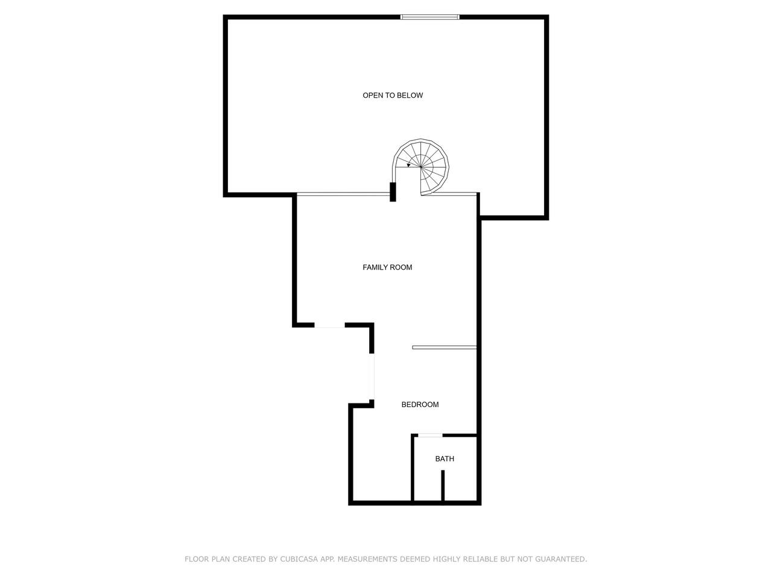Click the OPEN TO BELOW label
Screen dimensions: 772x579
pos(393,95)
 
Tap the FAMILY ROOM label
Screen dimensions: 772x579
pos(387,267)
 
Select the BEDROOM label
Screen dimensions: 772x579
pos(420,405)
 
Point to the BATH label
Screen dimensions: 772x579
pos(445,459)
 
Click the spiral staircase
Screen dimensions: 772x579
pos(420,166)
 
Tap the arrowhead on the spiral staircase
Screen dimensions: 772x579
pos(408,165)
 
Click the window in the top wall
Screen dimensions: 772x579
pos(430,17)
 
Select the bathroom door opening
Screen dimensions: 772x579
pos(430,436)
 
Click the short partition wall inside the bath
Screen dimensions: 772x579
pos(443,486)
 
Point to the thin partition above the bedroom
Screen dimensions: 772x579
pos(445,347)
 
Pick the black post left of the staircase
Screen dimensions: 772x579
pos(393,192)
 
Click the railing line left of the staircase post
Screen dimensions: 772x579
pos(343,194)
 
